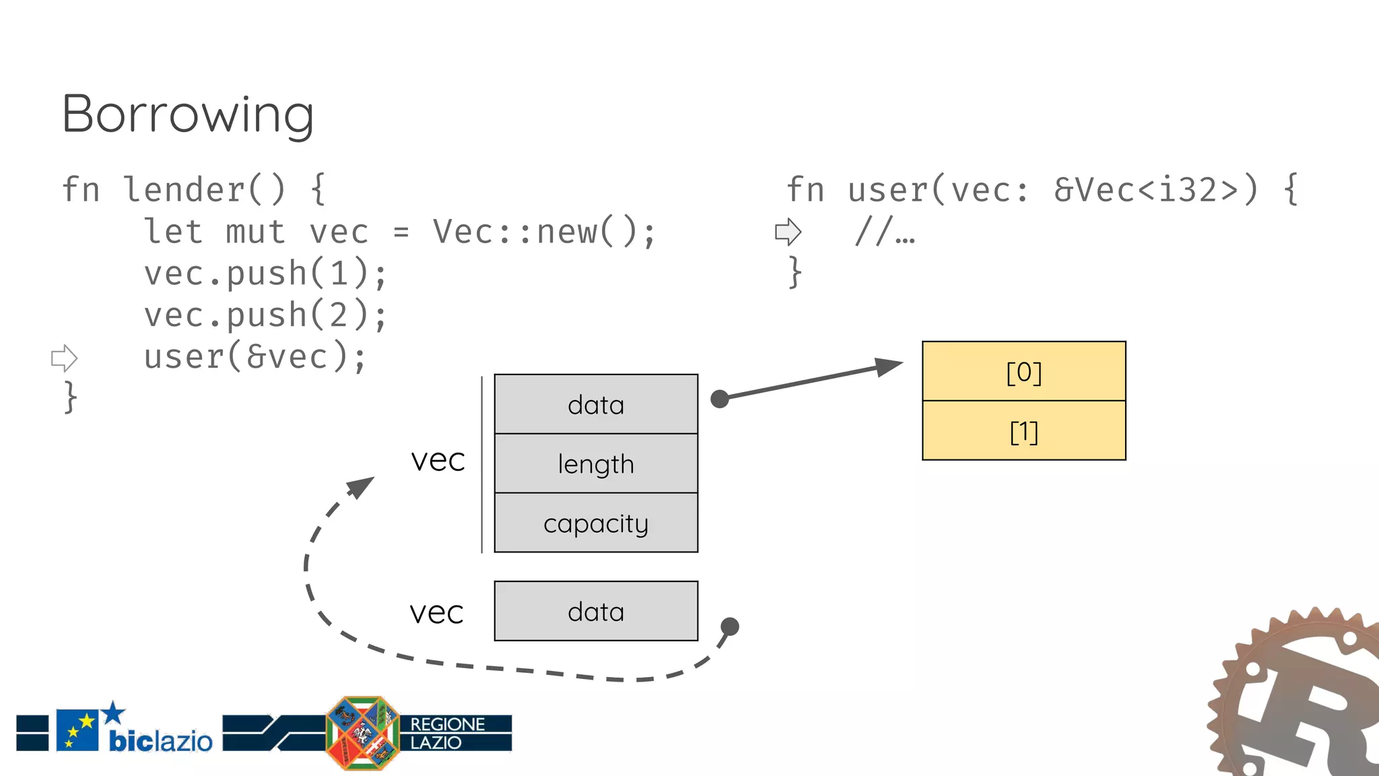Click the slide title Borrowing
click(187, 115)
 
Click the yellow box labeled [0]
click(1023, 372)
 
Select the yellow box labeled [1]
click(1023, 431)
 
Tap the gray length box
click(596, 464)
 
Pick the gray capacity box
click(596, 523)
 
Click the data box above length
click(596, 405)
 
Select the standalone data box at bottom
click(596, 612)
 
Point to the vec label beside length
click(438, 461)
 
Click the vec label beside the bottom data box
click(436, 613)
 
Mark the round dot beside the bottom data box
click(729, 626)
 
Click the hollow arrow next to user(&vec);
click(65, 358)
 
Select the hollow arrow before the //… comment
click(788, 232)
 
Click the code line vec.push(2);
click(265, 315)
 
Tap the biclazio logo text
click(160, 741)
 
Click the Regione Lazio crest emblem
click(362, 733)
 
